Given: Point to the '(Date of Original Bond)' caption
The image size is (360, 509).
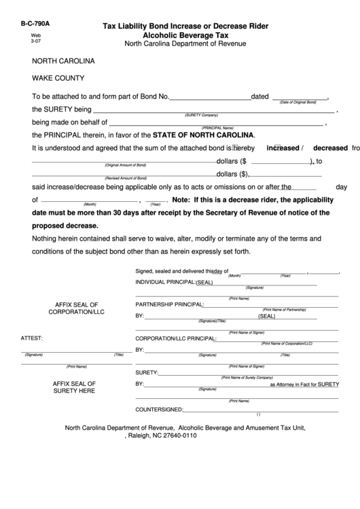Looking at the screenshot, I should pos(298,103).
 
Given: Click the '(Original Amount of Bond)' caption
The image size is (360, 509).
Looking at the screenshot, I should pos(125,166).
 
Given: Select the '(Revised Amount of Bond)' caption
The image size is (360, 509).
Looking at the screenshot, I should pos(126,178).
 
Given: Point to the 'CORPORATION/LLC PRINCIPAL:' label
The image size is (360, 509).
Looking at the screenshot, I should pos(176,338).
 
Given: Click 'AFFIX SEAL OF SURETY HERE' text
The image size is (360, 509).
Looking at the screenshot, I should pos(74,387).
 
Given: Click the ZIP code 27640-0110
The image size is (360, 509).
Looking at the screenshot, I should pos(200,438).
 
